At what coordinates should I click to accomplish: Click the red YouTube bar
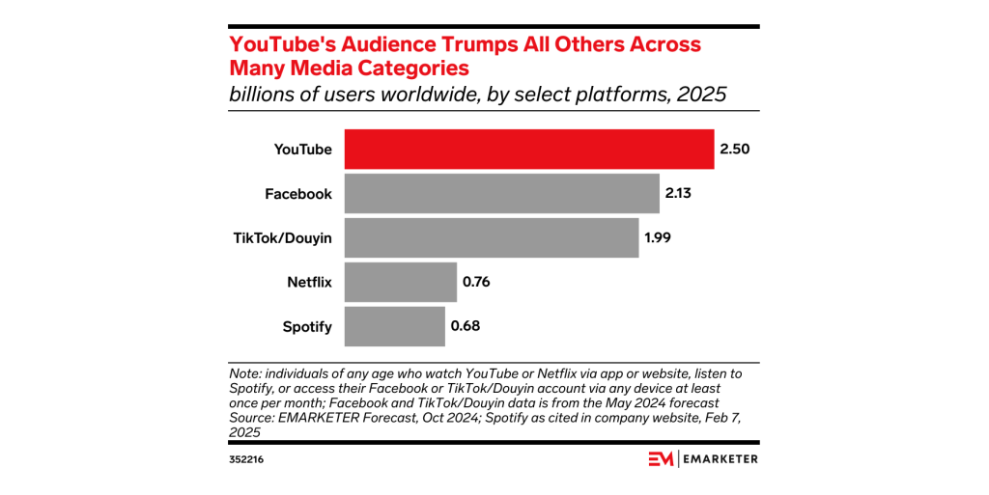click(529, 150)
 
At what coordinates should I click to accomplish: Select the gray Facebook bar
click(501, 194)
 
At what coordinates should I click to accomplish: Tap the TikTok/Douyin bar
click(491, 238)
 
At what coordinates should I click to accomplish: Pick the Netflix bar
click(400, 282)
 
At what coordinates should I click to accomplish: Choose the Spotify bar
click(394, 326)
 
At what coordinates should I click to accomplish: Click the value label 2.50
click(734, 150)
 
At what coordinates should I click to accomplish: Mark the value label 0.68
click(466, 326)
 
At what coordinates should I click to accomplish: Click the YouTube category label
click(302, 150)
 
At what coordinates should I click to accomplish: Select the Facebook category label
click(298, 194)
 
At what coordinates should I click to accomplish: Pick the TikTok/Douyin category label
click(284, 238)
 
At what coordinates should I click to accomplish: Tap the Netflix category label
click(309, 282)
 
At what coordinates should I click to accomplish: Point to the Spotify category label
click(307, 326)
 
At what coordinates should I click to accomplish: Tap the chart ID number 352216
click(246, 459)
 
